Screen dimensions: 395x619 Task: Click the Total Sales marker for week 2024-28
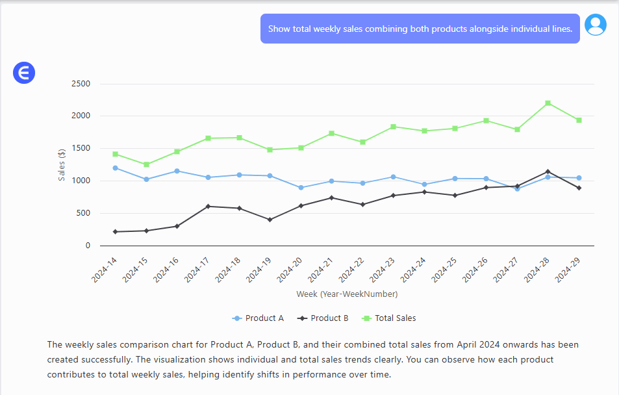[548, 103]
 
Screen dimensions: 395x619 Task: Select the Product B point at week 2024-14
[115, 232]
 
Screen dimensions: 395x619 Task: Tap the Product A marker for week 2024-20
[300, 188]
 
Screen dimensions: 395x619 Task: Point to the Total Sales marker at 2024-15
[146, 164]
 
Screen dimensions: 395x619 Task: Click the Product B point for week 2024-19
[270, 220]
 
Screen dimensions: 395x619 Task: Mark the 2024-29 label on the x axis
[568, 268]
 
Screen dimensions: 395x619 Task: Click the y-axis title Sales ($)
[62, 165]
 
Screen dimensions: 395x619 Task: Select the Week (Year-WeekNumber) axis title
[347, 294]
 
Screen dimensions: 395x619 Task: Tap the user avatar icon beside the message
[596, 25]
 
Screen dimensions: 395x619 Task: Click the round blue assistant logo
[24, 73]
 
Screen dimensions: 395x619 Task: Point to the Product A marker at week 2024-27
[517, 188]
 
